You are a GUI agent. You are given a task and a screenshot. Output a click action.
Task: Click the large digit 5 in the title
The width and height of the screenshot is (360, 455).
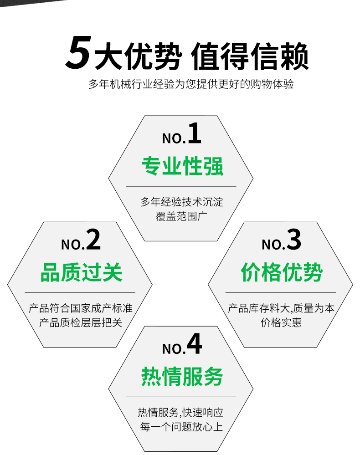click(78, 52)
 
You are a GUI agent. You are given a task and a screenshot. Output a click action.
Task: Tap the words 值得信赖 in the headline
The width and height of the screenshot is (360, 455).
click(250, 56)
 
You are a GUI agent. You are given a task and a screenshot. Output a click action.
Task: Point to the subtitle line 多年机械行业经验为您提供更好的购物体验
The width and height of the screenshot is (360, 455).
click(191, 84)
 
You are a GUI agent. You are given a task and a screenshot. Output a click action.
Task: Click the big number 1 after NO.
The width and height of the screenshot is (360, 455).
click(195, 133)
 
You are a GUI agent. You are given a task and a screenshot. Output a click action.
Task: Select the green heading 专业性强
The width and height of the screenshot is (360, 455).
click(182, 166)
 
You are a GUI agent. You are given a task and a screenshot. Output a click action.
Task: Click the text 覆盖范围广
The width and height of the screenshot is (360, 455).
click(181, 216)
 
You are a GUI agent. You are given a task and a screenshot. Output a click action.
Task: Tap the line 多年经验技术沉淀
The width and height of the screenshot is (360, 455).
click(182, 202)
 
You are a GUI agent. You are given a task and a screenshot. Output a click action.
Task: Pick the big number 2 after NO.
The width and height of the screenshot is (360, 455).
click(93, 240)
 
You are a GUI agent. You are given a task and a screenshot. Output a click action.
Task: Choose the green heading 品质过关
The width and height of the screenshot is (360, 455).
click(81, 272)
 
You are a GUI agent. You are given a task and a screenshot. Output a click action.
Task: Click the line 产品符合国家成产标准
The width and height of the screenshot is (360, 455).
click(81, 308)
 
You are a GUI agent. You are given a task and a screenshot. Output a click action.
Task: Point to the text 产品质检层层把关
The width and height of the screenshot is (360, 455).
click(81, 322)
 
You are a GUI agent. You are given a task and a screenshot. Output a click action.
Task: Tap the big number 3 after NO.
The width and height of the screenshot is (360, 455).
click(294, 240)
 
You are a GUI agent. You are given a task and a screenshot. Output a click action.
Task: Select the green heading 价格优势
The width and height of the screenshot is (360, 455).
click(282, 272)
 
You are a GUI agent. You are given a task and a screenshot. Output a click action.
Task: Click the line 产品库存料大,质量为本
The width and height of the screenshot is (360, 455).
click(281, 308)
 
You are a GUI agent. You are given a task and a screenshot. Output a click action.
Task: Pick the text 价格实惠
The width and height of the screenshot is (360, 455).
click(281, 322)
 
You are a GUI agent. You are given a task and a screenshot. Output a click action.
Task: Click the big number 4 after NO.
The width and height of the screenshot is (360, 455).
click(194, 343)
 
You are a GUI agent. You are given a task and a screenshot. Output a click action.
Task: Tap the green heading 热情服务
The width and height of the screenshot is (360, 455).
click(182, 376)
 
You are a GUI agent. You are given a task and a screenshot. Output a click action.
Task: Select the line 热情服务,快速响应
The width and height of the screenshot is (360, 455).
click(180, 412)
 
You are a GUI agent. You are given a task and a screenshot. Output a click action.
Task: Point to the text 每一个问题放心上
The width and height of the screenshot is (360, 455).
click(181, 427)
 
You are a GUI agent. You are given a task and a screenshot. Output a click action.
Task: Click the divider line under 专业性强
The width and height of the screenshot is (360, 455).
click(181, 186)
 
